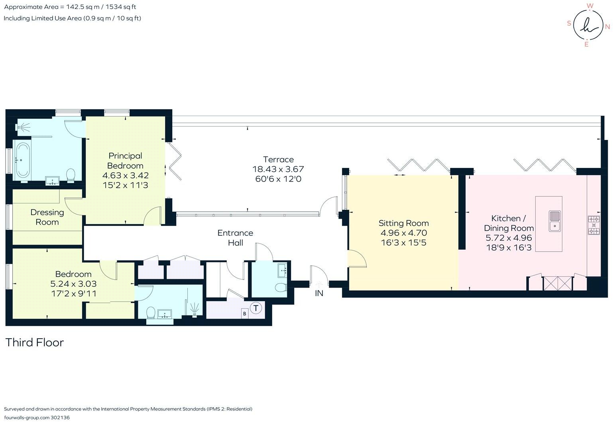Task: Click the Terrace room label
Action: pos(278,160)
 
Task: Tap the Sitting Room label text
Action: pos(403,223)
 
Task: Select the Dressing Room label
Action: pos(47,217)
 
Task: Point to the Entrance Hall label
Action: pos(235,238)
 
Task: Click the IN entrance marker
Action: pos(319,293)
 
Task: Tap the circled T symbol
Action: pos(256,308)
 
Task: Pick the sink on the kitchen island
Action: pos(554,221)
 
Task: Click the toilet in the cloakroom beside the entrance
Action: pos(281,287)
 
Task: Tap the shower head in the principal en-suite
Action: pos(24,127)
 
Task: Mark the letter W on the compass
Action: pos(590,6)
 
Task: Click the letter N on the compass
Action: pos(607,27)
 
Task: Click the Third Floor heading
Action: pos(35,343)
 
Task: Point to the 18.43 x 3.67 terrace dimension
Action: pos(278,170)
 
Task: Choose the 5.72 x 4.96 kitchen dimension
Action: pos(509,238)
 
